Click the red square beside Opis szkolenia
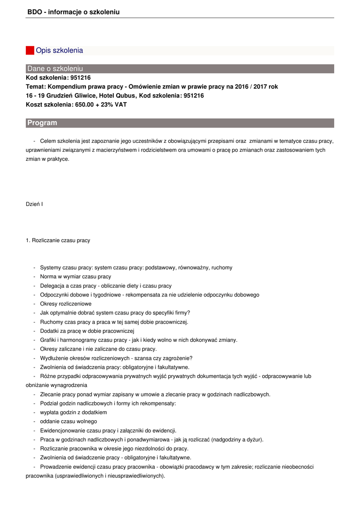[30, 51]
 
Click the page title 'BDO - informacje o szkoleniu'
[73, 11]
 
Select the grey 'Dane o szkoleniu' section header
[55, 68]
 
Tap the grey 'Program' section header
[42, 123]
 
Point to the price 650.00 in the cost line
[84, 105]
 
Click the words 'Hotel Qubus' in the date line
[118, 96]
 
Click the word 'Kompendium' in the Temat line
[66, 87]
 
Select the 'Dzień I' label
[34, 204]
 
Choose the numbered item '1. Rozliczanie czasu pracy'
[58, 241]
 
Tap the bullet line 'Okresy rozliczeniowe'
[66, 304]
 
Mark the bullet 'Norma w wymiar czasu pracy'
[75, 276]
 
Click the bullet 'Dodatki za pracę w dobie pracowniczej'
[87, 331]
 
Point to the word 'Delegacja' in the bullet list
[52, 286]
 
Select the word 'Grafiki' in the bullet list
[49, 340]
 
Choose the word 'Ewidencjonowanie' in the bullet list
[63, 431]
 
